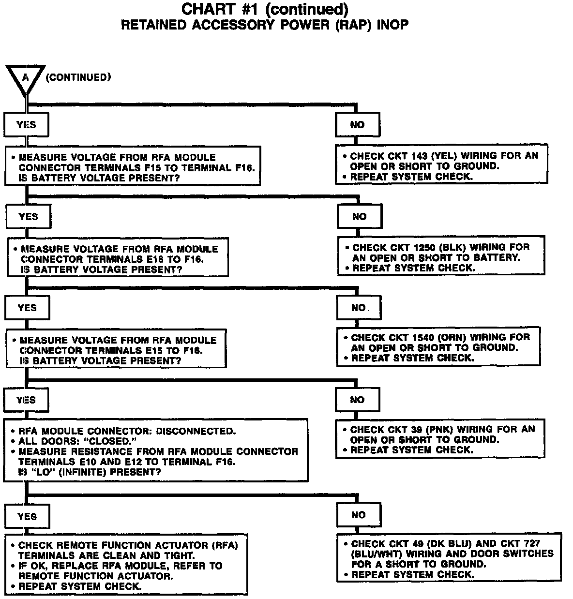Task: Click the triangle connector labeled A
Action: click(26, 77)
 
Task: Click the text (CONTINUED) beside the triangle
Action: click(78, 77)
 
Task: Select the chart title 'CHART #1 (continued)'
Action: click(264, 9)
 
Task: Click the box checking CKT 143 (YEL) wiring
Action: click(441, 166)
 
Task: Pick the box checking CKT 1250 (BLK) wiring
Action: click(441, 257)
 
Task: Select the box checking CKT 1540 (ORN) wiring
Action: click(438, 347)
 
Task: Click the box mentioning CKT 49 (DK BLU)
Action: click(449, 559)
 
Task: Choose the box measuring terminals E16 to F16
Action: click(118, 259)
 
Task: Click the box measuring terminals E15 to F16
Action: click(116, 350)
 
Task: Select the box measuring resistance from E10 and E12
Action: click(155, 451)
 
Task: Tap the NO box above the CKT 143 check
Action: click(357, 125)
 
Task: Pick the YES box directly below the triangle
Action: click(26, 125)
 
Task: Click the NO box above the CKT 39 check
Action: click(357, 400)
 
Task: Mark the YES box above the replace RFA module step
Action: click(27, 517)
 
